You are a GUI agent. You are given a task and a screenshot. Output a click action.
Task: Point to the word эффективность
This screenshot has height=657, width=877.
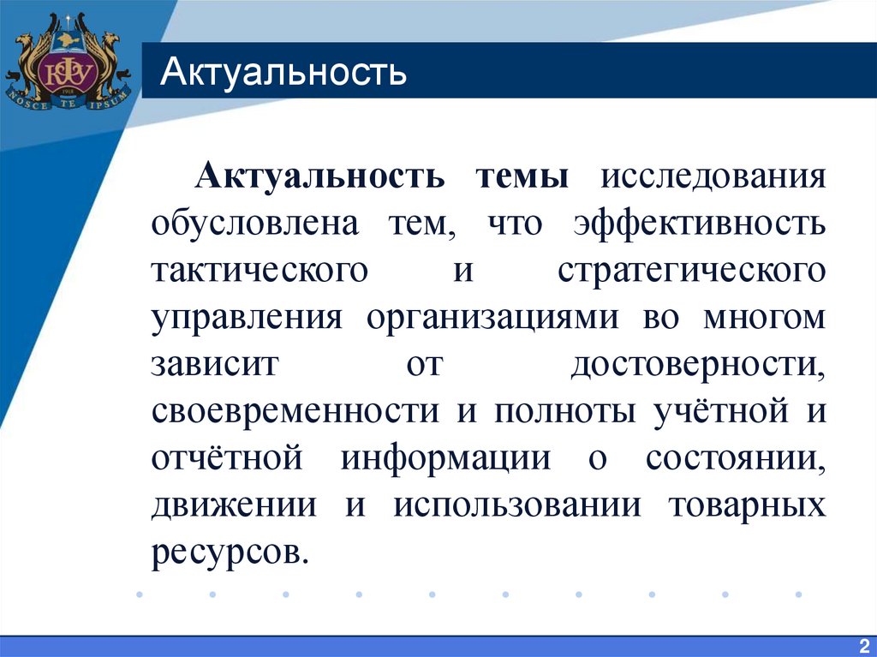pyautogui.click(x=700, y=224)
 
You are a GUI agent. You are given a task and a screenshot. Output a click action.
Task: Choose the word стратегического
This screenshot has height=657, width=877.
pyautogui.click(x=692, y=271)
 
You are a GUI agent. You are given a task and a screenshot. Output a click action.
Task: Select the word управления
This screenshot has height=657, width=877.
pyautogui.click(x=248, y=318)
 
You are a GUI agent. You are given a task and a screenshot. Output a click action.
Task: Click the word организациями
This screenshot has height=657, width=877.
pyautogui.click(x=493, y=318)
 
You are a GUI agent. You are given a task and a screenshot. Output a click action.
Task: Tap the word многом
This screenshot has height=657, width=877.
pyautogui.click(x=765, y=318)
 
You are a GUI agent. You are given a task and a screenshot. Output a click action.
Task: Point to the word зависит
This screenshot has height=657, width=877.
pyautogui.click(x=215, y=364)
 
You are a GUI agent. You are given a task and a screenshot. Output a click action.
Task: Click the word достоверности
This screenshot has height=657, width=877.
pyautogui.click(x=699, y=364)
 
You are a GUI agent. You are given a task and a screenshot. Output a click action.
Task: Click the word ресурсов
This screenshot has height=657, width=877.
pyautogui.click(x=228, y=551)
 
